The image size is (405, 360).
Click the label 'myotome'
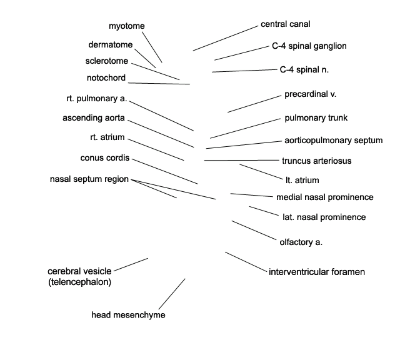(126, 26)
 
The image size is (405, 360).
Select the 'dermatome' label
(110, 44)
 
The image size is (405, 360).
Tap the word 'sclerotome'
(107, 61)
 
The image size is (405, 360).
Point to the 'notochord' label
(106, 77)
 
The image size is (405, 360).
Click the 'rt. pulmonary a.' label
(97, 99)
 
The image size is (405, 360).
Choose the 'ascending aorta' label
(94, 118)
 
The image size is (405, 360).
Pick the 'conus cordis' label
(105, 157)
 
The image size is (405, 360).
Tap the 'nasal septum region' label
(89, 179)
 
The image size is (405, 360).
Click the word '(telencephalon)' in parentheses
(79, 282)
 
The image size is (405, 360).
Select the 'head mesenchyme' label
(128, 315)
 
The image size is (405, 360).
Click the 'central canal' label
(286, 24)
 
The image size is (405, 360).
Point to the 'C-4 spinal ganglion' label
(309, 46)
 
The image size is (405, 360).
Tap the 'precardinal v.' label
(311, 94)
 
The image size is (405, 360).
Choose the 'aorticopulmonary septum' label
(334, 141)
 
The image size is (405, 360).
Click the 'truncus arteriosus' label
(317, 161)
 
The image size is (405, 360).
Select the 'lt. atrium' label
(302, 180)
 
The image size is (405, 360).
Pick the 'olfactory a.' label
(301, 242)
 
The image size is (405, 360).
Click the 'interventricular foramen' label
(317, 272)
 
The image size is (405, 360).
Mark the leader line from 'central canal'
(226, 38)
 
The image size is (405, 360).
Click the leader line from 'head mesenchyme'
(172, 294)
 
